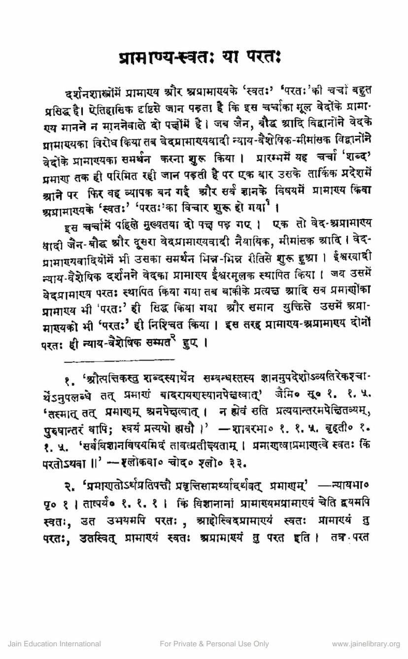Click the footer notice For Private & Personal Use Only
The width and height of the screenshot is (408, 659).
click(214, 644)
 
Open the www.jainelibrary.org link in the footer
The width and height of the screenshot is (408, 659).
click(366, 644)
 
